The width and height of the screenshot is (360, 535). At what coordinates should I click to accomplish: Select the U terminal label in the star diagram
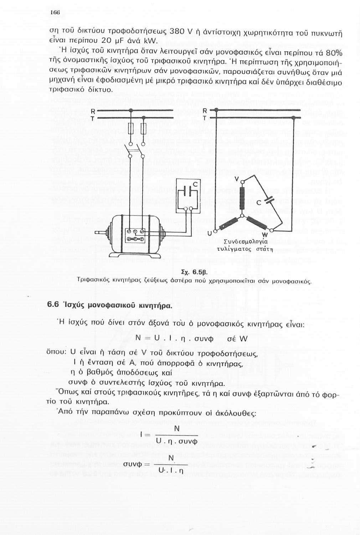point(210,233)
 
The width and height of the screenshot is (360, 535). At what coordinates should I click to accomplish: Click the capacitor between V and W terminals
point(268,197)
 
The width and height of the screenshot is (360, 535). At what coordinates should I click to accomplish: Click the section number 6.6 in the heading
point(54,306)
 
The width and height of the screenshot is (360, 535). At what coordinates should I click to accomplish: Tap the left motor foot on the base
point(118,254)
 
